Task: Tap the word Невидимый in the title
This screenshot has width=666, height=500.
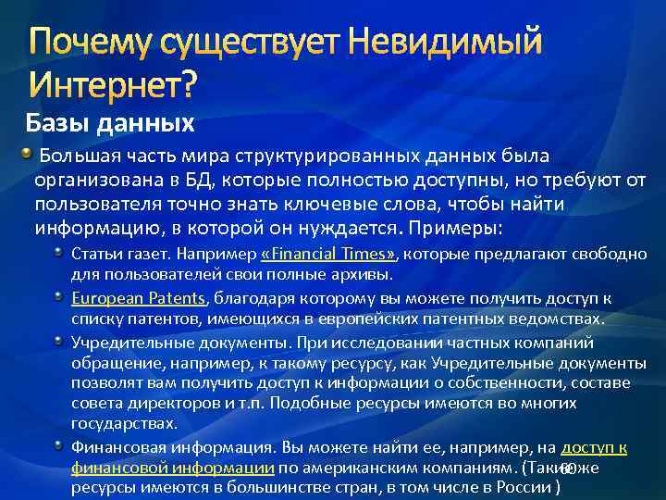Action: click(x=443, y=43)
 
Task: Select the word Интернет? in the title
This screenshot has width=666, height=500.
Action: click(x=114, y=86)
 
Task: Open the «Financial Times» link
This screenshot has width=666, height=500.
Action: click(x=328, y=255)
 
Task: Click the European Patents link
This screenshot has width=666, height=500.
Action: click(x=139, y=298)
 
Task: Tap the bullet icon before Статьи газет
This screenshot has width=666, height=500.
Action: click(x=60, y=252)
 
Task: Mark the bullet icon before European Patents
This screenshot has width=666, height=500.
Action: click(x=60, y=295)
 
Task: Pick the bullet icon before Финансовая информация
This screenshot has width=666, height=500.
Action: click(x=60, y=444)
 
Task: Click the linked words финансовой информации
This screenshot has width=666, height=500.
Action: click(x=172, y=468)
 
